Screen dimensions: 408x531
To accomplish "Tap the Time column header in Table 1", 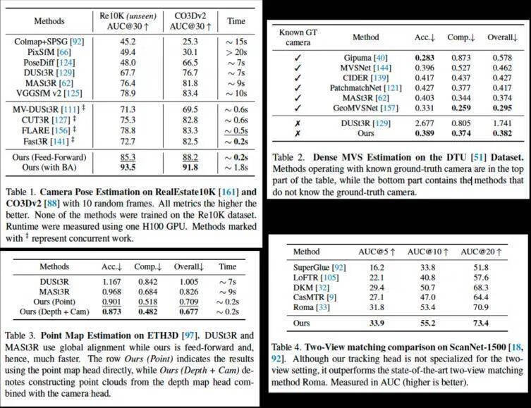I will [x=236, y=20].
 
